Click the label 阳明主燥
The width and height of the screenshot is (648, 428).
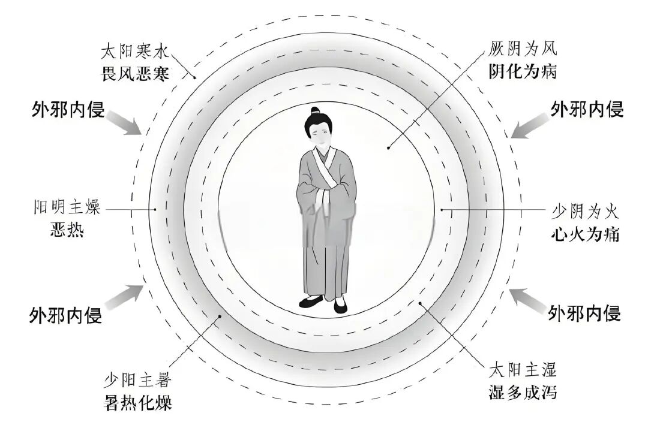[67, 209]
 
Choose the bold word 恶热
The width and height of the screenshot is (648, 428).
[67, 230]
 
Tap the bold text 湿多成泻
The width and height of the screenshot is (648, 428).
[521, 393]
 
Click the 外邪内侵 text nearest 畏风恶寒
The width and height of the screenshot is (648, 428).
[67, 110]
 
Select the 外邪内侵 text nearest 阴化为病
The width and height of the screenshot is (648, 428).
[587, 108]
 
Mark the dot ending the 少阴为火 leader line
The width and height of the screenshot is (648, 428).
[441, 210]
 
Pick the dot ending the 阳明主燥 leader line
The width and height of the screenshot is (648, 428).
[155, 209]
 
